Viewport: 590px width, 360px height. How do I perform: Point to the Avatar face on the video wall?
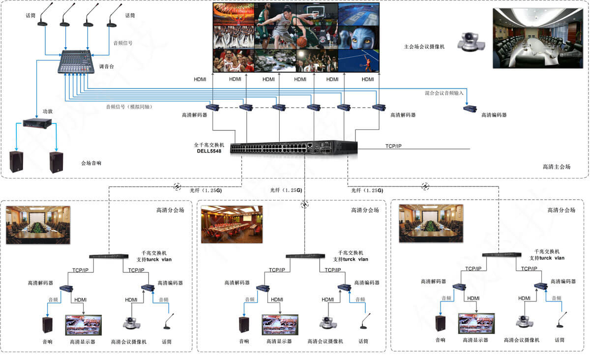tap(358, 37)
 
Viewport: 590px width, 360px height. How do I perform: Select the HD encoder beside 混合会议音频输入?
tap(472, 109)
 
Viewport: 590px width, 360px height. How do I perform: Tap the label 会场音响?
tap(91, 163)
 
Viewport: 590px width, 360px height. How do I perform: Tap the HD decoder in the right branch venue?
tap(459, 287)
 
